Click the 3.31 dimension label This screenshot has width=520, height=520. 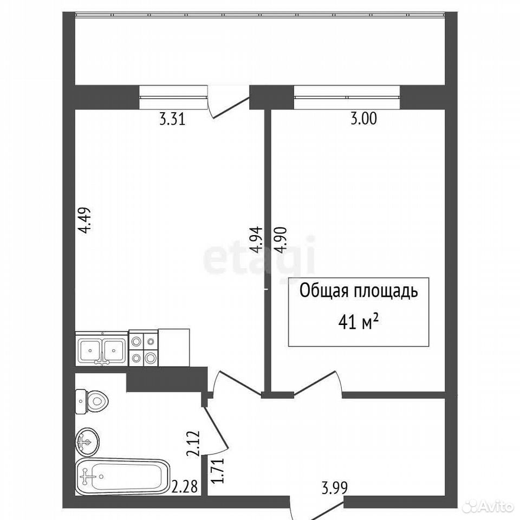tap(172, 119)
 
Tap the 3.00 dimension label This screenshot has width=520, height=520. tap(364, 119)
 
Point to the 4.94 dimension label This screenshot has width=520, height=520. tap(257, 240)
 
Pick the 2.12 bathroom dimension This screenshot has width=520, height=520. tap(194, 444)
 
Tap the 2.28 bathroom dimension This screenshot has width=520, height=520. tap(185, 487)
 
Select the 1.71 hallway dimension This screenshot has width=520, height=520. tap(218, 470)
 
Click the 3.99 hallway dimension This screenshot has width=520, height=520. tap(335, 488)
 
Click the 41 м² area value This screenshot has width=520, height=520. tap(359, 322)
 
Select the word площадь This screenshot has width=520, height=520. tap(386, 292)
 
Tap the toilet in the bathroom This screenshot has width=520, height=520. tap(92, 401)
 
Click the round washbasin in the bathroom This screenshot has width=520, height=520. tap(87, 442)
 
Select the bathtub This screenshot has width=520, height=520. tap(123, 477)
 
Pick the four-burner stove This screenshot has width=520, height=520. tap(143, 348)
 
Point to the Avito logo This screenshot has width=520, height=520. tap(490, 506)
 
